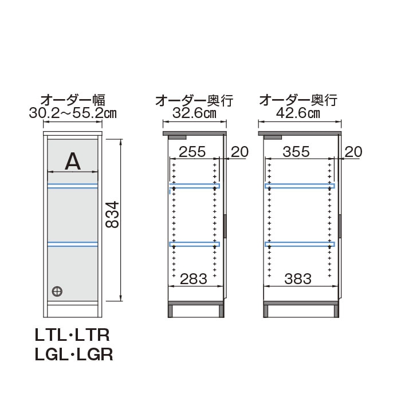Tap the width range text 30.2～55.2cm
(x=73, y=113)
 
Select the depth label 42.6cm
(x=298, y=113)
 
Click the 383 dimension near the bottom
(x=297, y=279)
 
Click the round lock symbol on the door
(x=57, y=290)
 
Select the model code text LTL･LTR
(x=73, y=334)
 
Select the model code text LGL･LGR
(x=73, y=355)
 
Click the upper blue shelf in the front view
(x=73, y=186)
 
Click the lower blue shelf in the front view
(x=73, y=245)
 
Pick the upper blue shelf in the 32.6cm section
(x=195, y=186)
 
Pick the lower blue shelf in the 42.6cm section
(x=298, y=244)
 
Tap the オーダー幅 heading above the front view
(x=73, y=100)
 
